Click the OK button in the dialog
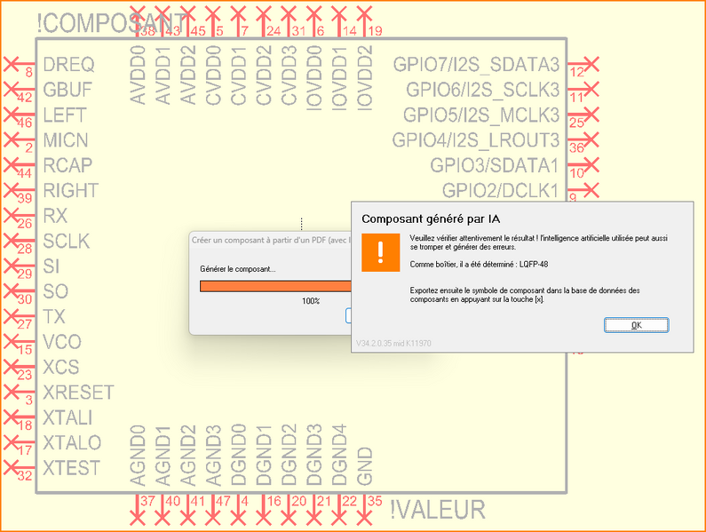636,325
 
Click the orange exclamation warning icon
380,252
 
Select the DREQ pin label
68,65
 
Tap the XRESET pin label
78,392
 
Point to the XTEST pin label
71,467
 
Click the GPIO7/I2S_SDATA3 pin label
477,65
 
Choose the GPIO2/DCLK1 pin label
501,190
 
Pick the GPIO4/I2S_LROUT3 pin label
477,140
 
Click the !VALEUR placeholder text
438,510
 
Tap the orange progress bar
275,286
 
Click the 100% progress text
311,301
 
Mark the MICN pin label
66,140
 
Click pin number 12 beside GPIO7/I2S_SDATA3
578,72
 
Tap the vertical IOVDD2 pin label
364,77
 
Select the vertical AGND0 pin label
138,456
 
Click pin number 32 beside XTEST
25,475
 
